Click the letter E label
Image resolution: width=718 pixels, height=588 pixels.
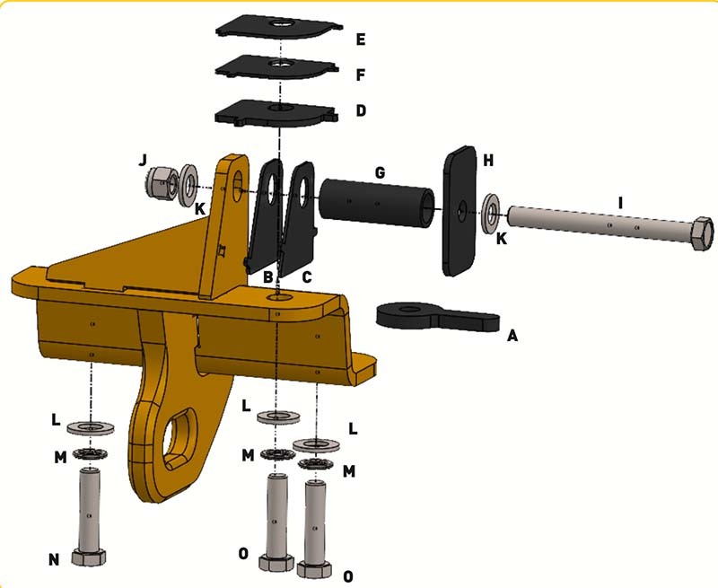coord(361,39)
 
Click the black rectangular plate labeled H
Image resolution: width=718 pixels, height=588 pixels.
coord(460,211)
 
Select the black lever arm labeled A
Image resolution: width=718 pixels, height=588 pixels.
coord(437,316)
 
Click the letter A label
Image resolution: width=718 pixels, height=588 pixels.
coord(512,336)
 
